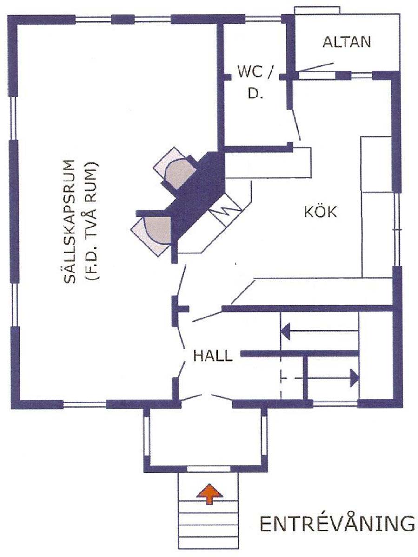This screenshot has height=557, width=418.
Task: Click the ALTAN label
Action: [x=346, y=42]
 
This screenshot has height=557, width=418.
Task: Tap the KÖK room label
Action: [x=320, y=211]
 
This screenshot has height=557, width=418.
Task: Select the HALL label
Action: [x=213, y=356]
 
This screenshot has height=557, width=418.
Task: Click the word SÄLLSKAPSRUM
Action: [x=69, y=221]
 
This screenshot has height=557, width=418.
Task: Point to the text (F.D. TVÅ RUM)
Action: [x=92, y=220]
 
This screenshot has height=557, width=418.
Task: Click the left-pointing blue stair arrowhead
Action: [x=285, y=331]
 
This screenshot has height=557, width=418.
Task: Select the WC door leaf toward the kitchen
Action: [x=296, y=125]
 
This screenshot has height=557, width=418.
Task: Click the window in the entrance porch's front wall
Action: [x=209, y=468]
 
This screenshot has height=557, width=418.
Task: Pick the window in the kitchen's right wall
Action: [x=397, y=229]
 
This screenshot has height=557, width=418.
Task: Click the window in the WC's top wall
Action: [x=264, y=19]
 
